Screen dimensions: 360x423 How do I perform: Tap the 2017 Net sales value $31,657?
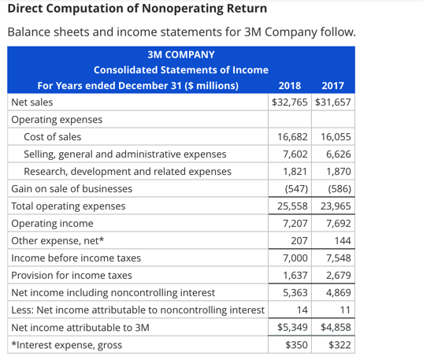[332, 102]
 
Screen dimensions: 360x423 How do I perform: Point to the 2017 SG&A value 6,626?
[336, 154]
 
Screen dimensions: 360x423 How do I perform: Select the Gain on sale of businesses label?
[72, 189]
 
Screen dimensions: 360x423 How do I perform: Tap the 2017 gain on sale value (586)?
[336, 189]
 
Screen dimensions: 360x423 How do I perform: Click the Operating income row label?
[52, 224]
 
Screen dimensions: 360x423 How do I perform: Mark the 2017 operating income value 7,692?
[336, 224]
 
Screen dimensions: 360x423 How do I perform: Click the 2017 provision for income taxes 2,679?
[336, 276]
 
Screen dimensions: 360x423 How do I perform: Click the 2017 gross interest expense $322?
[339, 345]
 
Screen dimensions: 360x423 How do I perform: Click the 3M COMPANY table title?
[180, 54]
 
